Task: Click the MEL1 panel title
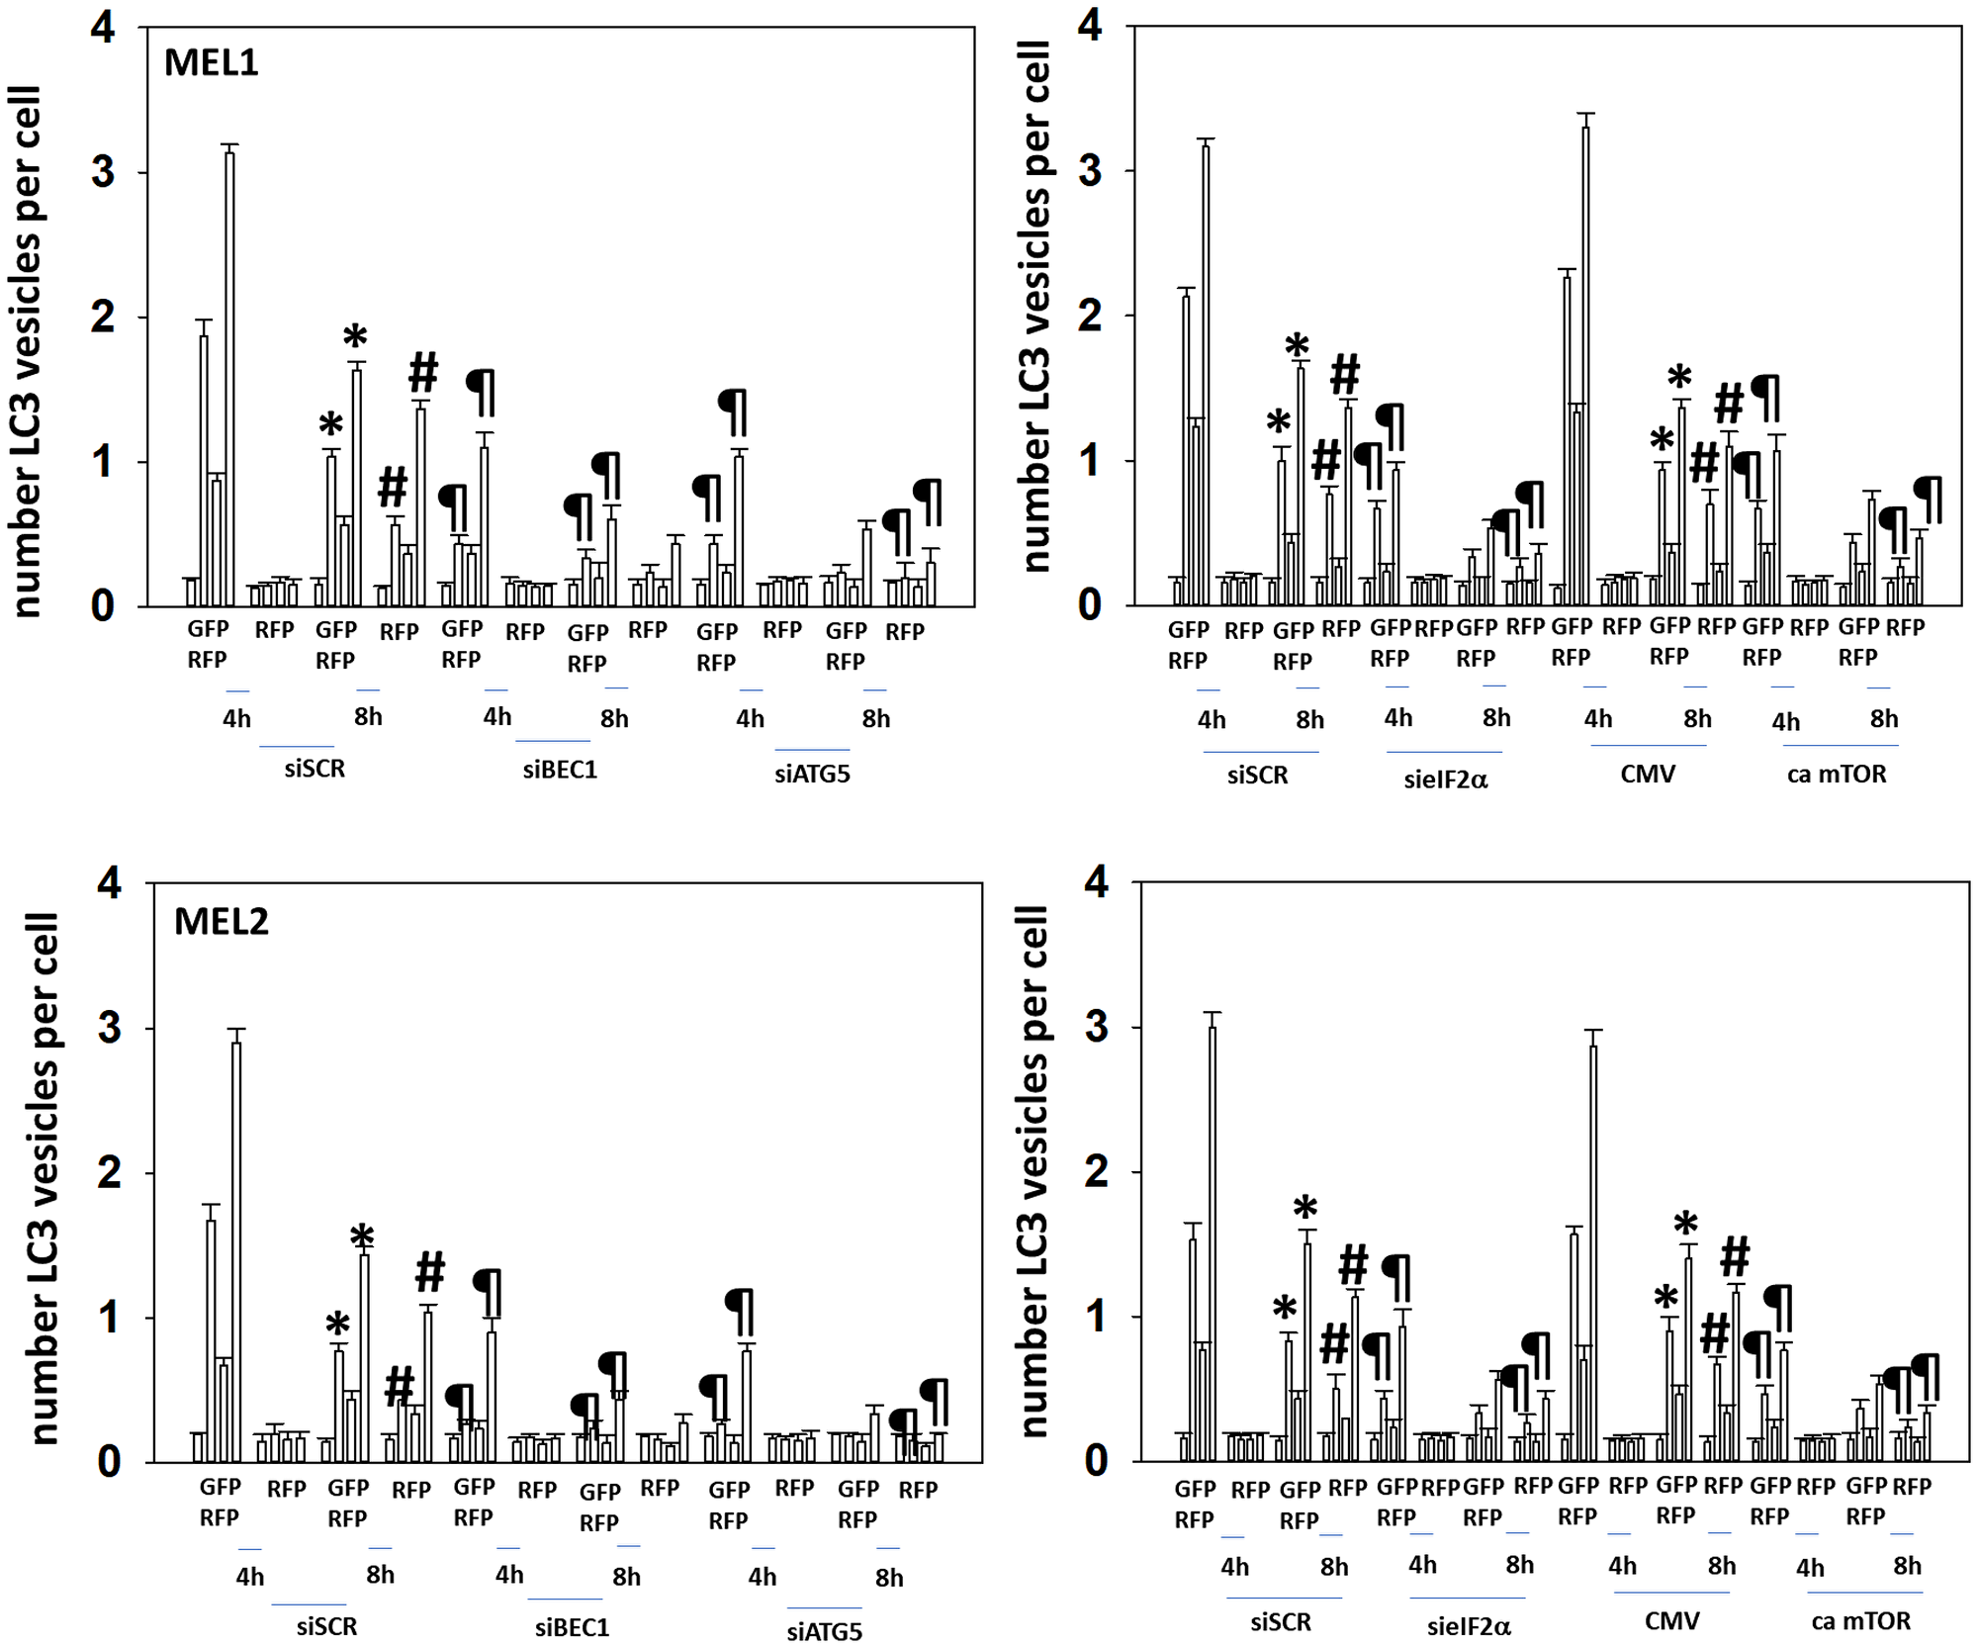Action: pyautogui.click(x=211, y=63)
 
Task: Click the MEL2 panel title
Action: pyautogui.click(x=221, y=922)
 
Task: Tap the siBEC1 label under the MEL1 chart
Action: pyautogui.click(x=560, y=771)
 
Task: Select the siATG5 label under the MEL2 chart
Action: pyautogui.click(x=824, y=1632)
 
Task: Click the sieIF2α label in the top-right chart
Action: pyautogui.click(x=1445, y=779)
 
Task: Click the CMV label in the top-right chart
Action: pyautogui.click(x=1648, y=775)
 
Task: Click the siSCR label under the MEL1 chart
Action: pyautogui.click(x=315, y=770)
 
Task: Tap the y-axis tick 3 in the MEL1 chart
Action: pyautogui.click(x=103, y=173)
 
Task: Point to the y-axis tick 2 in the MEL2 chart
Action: pyautogui.click(x=109, y=1173)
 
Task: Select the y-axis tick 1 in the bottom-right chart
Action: pyautogui.click(x=1096, y=1318)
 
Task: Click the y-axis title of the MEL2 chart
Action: pyautogui.click(x=45, y=1177)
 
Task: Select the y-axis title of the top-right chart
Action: pyautogui.click(x=1034, y=307)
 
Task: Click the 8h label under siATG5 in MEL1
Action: pyautogui.click(x=875, y=719)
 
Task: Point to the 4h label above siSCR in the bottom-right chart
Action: pyautogui.click(x=1234, y=1567)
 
